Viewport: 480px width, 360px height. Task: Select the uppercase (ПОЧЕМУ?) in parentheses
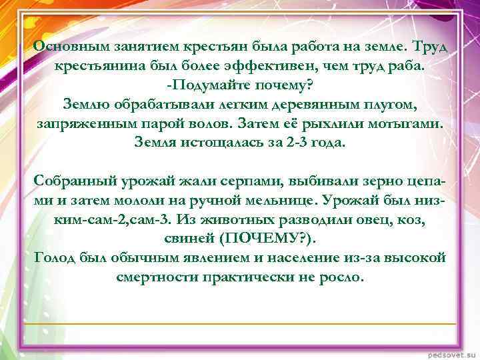[x=267, y=238]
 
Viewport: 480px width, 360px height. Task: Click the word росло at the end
[x=342, y=276]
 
